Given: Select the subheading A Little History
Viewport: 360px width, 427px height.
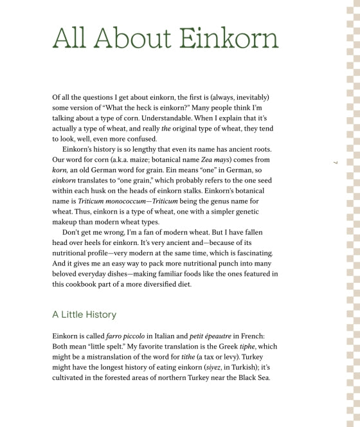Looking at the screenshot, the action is [x=84, y=314].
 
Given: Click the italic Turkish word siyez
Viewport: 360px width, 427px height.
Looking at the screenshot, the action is [x=210, y=367].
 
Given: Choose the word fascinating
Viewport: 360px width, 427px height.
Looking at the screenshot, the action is [x=252, y=253].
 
